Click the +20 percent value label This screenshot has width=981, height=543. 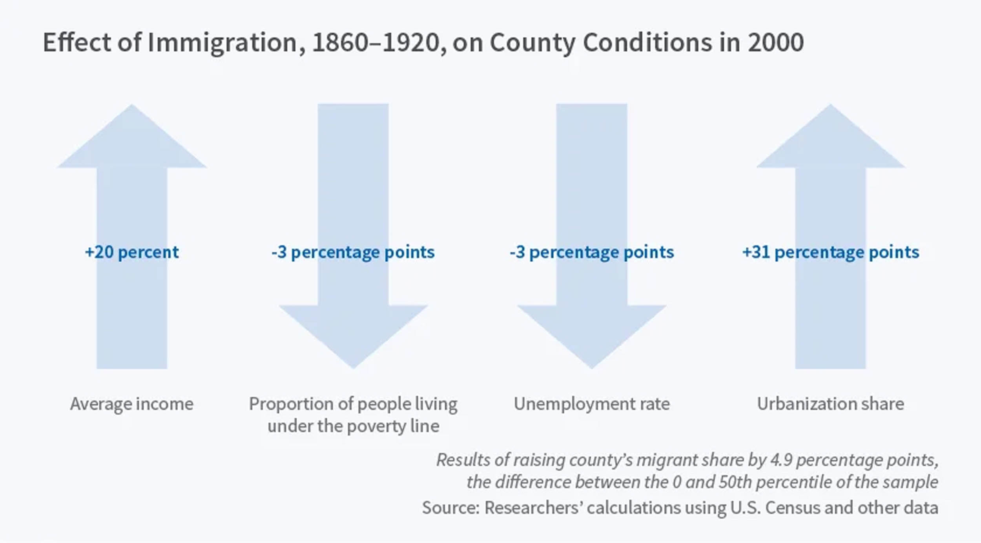[x=132, y=252]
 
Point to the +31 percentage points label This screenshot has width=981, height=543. [x=830, y=252]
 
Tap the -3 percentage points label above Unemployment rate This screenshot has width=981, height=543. [x=592, y=252]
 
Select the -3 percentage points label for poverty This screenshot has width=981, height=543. [x=353, y=252]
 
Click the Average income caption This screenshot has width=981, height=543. [x=132, y=404]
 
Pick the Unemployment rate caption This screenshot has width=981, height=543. [x=592, y=404]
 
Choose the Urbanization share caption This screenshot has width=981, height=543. [x=830, y=404]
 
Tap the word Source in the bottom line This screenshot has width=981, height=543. [x=450, y=508]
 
